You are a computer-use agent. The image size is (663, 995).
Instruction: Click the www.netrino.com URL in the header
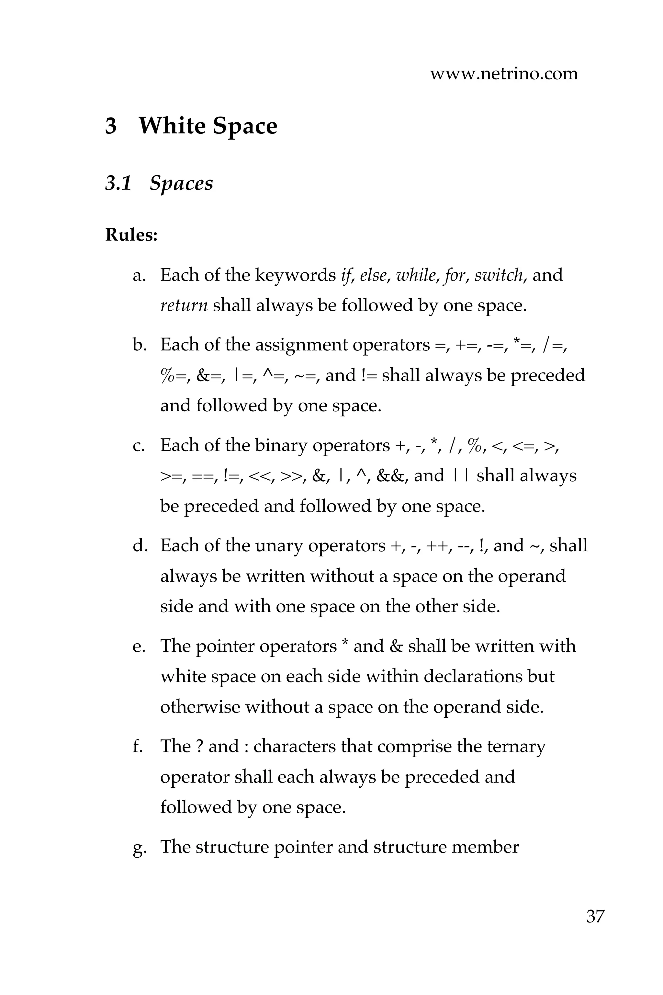click(x=504, y=74)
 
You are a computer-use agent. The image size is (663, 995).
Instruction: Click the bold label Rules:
click(x=131, y=235)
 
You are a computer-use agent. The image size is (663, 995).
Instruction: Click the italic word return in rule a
click(x=184, y=305)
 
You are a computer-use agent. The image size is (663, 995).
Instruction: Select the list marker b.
click(x=139, y=345)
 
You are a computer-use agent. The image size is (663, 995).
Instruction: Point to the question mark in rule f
click(x=200, y=746)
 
